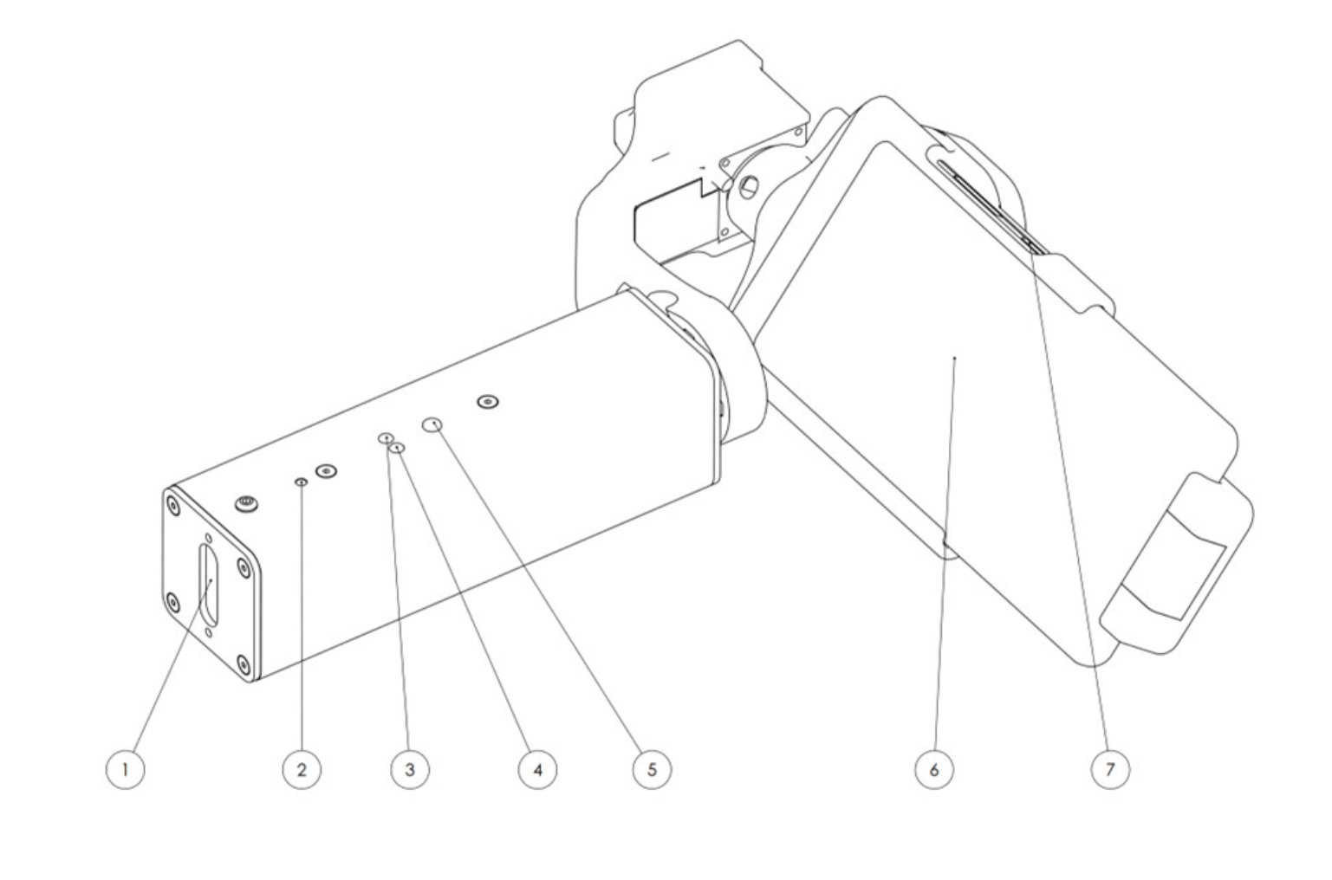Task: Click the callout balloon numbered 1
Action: tap(126, 769)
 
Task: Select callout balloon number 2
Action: tap(302, 769)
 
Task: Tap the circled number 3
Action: tap(410, 769)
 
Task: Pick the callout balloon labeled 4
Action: tap(537, 769)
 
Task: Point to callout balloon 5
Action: tap(652, 769)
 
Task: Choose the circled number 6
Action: tap(934, 769)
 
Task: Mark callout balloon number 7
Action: tap(1110, 769)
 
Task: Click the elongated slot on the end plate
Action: tap(210, 583)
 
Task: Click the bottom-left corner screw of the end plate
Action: tap(172, 600)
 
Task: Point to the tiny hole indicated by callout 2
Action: tap(301, 482)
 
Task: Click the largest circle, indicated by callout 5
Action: tap(432, 424)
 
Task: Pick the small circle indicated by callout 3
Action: tap(385, 438)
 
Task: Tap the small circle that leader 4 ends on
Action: tap(399, 448)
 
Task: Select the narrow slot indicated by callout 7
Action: tap(988, 201)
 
